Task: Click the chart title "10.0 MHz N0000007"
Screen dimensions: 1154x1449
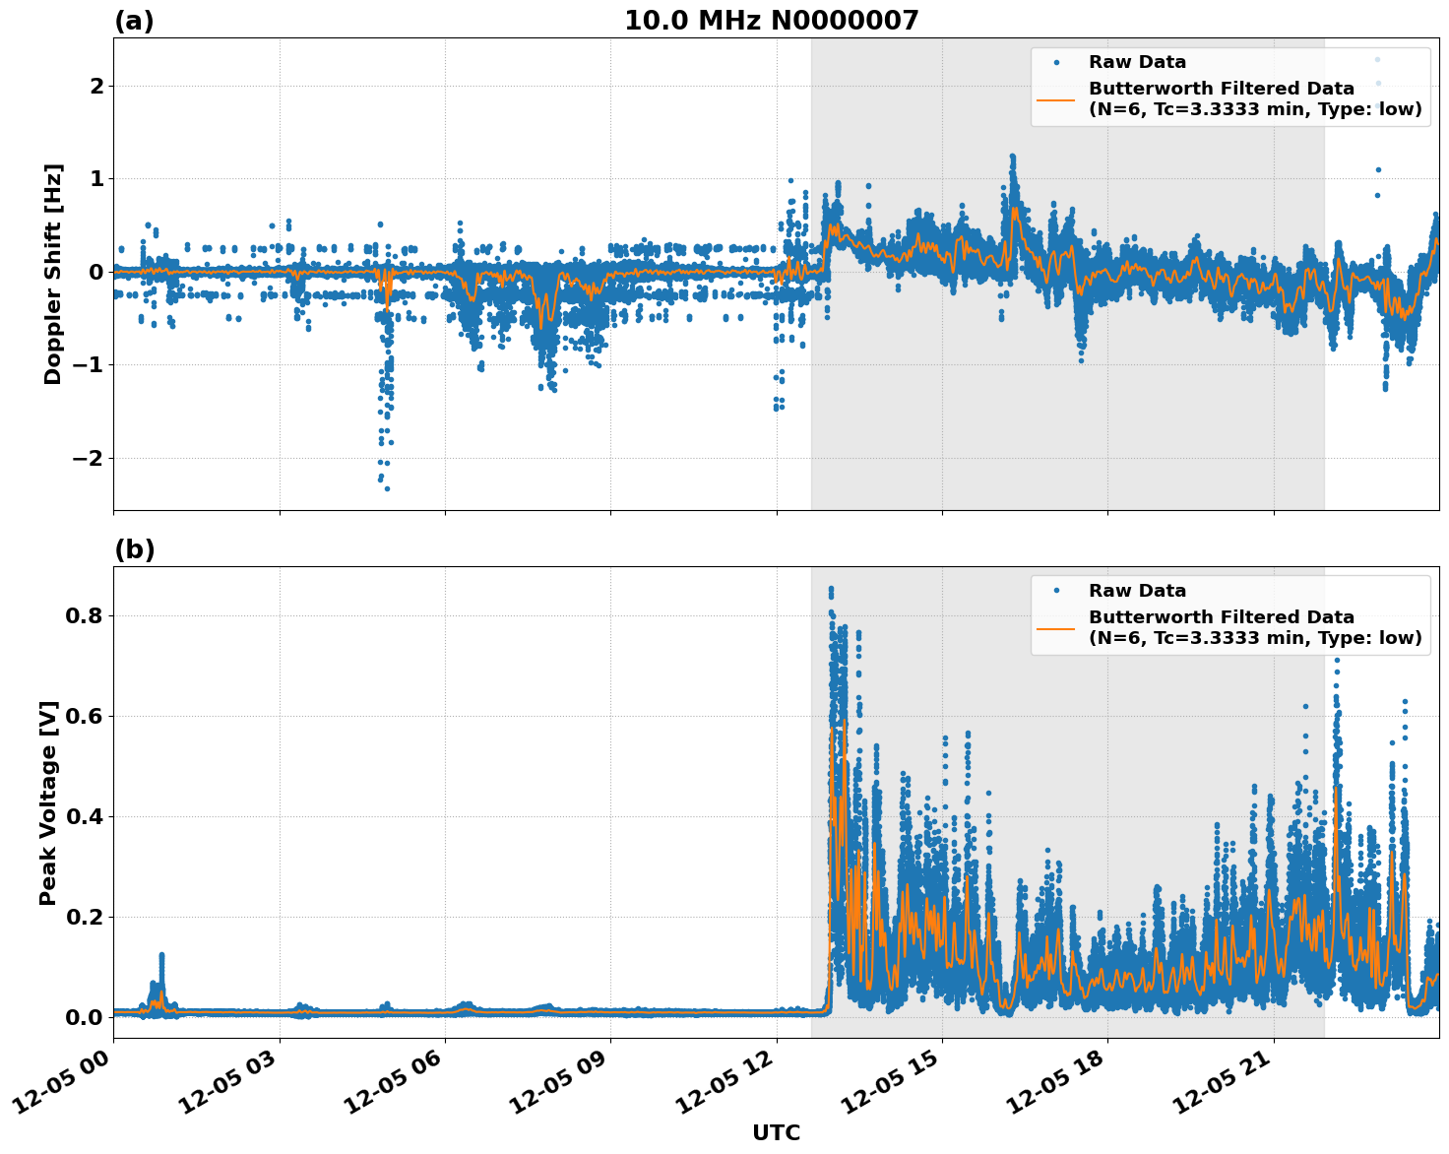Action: tap(771, 21)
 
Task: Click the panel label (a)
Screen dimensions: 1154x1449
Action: tap(134, 21)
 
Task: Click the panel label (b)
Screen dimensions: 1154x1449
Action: tap(134, 549)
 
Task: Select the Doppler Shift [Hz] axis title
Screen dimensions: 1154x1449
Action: tap(53, 274)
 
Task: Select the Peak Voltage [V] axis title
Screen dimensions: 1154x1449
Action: tap(48, 802)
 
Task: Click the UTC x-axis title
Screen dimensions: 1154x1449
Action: tap(776, 1132)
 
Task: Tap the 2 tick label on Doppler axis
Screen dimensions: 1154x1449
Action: tap(96, 87)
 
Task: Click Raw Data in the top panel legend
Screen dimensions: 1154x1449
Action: tap(1137, 62)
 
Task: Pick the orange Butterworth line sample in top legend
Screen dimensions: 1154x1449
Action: tap(1056, 98)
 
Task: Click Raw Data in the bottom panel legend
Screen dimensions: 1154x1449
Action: tap(1137, 591)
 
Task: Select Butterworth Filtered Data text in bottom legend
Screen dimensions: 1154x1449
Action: tap(1221, 617)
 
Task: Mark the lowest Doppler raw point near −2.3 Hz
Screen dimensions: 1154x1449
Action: tap(387, 488)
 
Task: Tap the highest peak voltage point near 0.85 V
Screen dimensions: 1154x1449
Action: tap(831, 589)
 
